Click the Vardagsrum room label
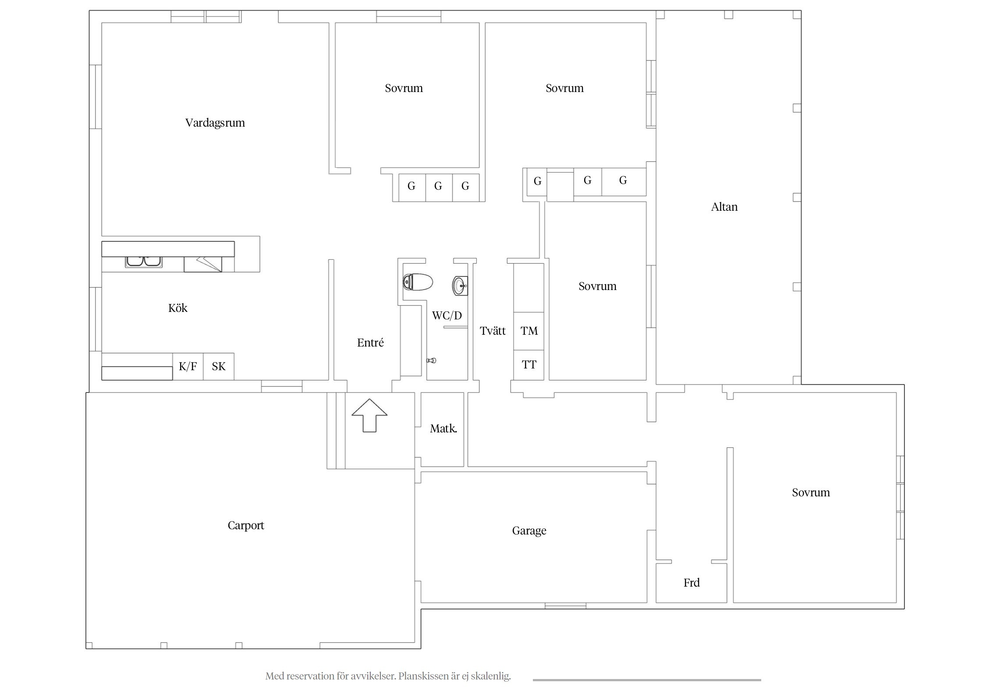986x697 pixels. coord(215,123)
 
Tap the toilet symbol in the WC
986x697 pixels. coord(418,282)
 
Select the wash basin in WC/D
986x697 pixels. coord(460,286)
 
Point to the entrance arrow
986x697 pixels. coord(369,415)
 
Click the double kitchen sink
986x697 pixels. coord(144,262)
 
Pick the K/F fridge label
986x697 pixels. coord(188,366)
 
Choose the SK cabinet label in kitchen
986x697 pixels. coord(219,366)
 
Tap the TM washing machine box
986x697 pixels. coord(529,331)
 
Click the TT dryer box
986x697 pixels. coord(529,365)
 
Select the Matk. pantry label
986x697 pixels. coord(443,428)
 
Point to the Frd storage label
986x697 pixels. coord(692,583)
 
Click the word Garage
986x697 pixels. coord(529,531)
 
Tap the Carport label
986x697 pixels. coord(246,526)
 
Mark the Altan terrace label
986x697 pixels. coord(724,207)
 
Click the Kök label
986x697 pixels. coord(177,308)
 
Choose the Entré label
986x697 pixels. coord(370,343)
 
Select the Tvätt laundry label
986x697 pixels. coord(493,331)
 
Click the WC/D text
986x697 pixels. coord(447,315)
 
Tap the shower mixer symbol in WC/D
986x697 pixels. coord(431,361)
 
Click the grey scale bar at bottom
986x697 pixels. coord(647,680)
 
